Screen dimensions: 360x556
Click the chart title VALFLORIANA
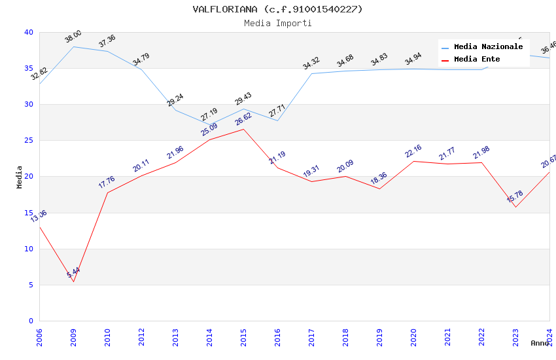click(277, 9)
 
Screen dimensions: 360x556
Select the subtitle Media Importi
click(277, 23)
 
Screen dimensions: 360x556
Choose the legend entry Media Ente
click(477, 60)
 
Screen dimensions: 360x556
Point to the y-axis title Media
click(20, 177)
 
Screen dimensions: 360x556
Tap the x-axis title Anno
click(540, 343)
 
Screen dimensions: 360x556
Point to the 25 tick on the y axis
click(29, 141)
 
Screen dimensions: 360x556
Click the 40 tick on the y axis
click(29, 32)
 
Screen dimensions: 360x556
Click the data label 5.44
click(73, 272)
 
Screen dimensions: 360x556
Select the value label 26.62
click(243, 118)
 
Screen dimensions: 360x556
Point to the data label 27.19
click(209, 115)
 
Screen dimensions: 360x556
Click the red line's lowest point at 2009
click(73, 282)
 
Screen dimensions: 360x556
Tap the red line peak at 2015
click(243, 129)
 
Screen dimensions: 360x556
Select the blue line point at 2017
click(311, 73)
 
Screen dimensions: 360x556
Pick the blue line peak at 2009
click(73, 46)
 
